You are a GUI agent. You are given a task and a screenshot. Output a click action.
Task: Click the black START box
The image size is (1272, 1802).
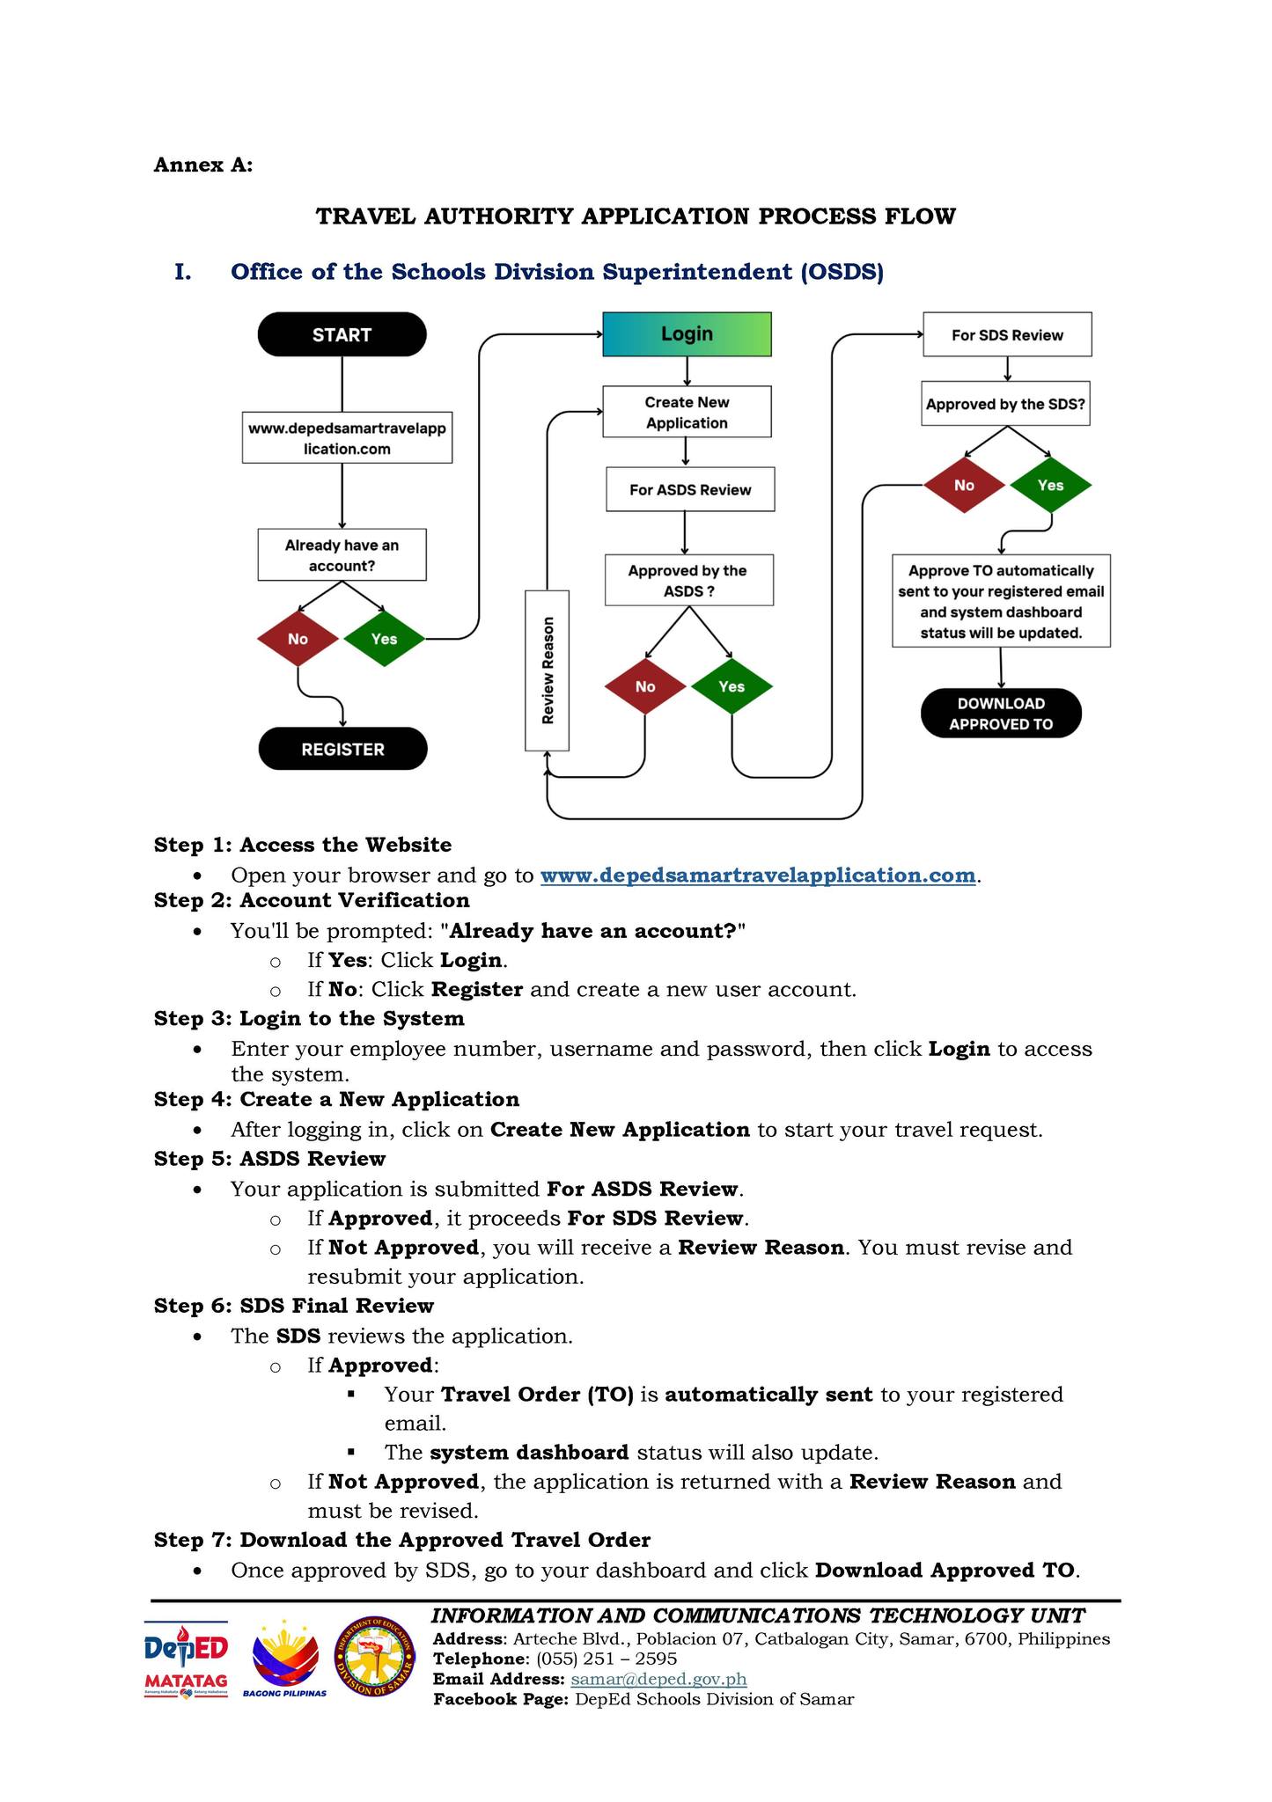342,334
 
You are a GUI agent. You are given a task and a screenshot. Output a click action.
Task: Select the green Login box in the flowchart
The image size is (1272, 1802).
687,334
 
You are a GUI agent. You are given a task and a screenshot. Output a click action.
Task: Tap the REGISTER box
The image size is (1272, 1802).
342,749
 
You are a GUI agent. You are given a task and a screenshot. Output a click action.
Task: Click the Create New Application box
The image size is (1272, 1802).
687,412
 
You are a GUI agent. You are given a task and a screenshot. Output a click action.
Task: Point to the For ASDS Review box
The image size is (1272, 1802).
690,489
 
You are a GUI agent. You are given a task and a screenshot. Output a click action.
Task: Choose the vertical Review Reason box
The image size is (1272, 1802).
547,670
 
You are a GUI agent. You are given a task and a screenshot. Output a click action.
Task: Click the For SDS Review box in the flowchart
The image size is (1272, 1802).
1007,334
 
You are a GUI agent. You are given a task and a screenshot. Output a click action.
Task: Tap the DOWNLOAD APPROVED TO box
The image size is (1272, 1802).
1001,714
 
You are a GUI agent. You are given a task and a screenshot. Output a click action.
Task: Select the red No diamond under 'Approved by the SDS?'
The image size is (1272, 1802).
964,485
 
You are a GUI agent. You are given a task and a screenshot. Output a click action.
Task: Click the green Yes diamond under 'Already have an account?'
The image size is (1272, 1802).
384,639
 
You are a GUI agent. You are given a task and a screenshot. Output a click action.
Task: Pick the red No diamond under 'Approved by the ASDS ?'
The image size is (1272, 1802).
645,686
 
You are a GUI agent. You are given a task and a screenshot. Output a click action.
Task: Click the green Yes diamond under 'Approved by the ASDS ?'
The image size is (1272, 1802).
732,686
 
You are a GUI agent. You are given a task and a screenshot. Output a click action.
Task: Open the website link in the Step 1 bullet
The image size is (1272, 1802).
758,875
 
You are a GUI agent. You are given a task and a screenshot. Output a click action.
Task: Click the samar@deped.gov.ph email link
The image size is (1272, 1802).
658,1679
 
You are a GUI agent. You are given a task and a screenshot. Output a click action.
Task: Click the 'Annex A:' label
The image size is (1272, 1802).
203,165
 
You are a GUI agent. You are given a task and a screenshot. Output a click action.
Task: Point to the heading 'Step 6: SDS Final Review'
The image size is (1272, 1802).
294,1306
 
